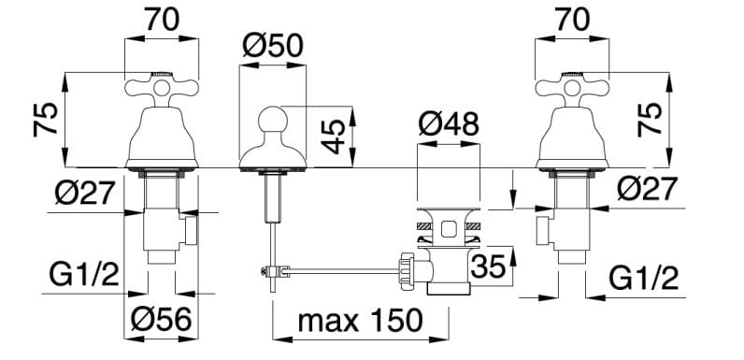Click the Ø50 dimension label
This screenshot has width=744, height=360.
pos(273,47)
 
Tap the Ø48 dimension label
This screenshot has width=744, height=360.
pos(449,125)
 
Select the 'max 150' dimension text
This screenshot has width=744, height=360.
pos(360,320)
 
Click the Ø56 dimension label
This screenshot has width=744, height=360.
pos(162,319)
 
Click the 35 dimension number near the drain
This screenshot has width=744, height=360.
pos(489,266)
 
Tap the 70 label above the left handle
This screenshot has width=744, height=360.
pos(163,20)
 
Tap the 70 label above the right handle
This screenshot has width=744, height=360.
pos(572,20)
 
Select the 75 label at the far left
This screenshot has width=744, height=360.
pos(46,120)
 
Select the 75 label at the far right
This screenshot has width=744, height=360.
pos(650,120)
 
